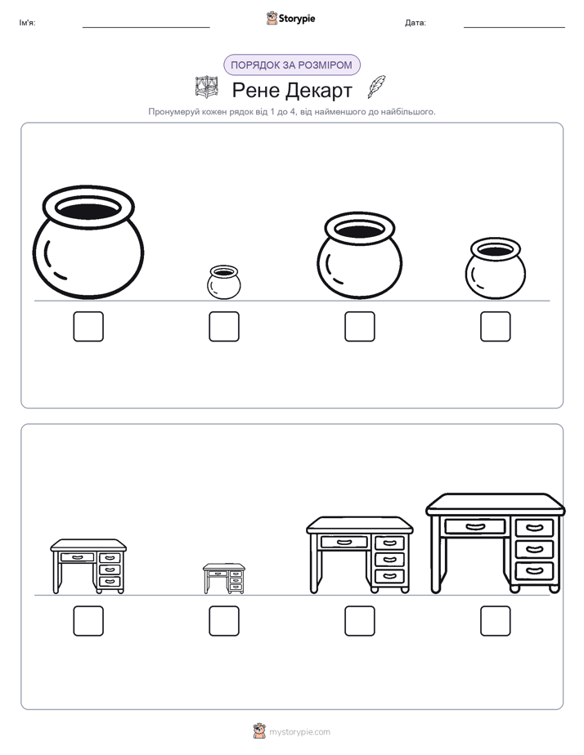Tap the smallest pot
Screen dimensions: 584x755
point(223,282)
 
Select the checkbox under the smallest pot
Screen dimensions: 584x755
point(224,327)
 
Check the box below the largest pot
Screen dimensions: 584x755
point(88,327)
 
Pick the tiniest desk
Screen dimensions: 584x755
point(224,579)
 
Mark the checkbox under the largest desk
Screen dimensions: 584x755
point(496,621)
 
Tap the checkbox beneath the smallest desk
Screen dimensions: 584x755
point(224,621)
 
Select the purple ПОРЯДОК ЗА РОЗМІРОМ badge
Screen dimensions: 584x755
point(292,65)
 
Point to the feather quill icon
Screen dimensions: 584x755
point(377,87)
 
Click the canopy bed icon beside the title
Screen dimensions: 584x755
point(207,87)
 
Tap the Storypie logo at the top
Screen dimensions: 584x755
point(291,19)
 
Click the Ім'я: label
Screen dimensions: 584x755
point(28,23)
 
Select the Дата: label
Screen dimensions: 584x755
point(416,23)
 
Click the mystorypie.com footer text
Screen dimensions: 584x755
point(299,732)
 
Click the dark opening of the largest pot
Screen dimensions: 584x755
point(88,209)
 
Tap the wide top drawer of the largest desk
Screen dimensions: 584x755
point(475,526)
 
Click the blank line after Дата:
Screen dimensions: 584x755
point(514,27)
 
